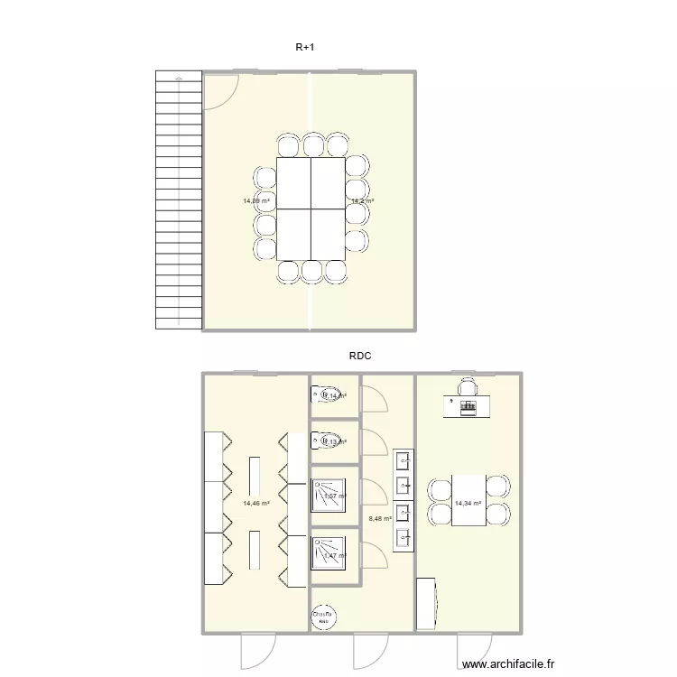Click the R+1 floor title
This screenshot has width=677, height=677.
305,46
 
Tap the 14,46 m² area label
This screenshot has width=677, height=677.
256,503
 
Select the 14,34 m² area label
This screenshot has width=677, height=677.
468,503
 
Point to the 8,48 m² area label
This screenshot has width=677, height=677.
382,519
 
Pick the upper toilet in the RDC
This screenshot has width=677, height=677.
321,394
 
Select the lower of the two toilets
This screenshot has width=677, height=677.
321,441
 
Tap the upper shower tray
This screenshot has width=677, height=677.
329,496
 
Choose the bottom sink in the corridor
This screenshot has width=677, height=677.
403,538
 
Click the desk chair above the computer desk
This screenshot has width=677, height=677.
467,387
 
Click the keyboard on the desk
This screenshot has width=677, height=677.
468,407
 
